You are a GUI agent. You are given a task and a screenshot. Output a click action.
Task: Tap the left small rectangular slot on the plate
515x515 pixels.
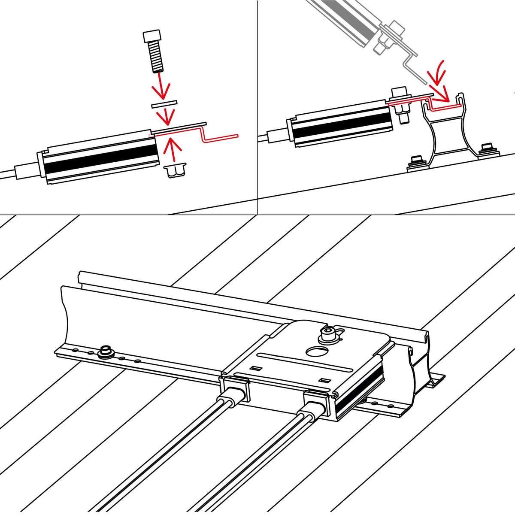(x=256, y=368)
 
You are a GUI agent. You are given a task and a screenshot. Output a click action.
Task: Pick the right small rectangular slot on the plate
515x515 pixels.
(x=325, y=380)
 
